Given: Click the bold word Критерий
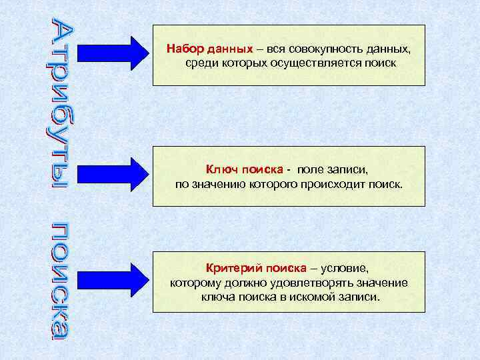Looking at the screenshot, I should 235,269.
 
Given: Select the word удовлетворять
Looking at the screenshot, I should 316,283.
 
